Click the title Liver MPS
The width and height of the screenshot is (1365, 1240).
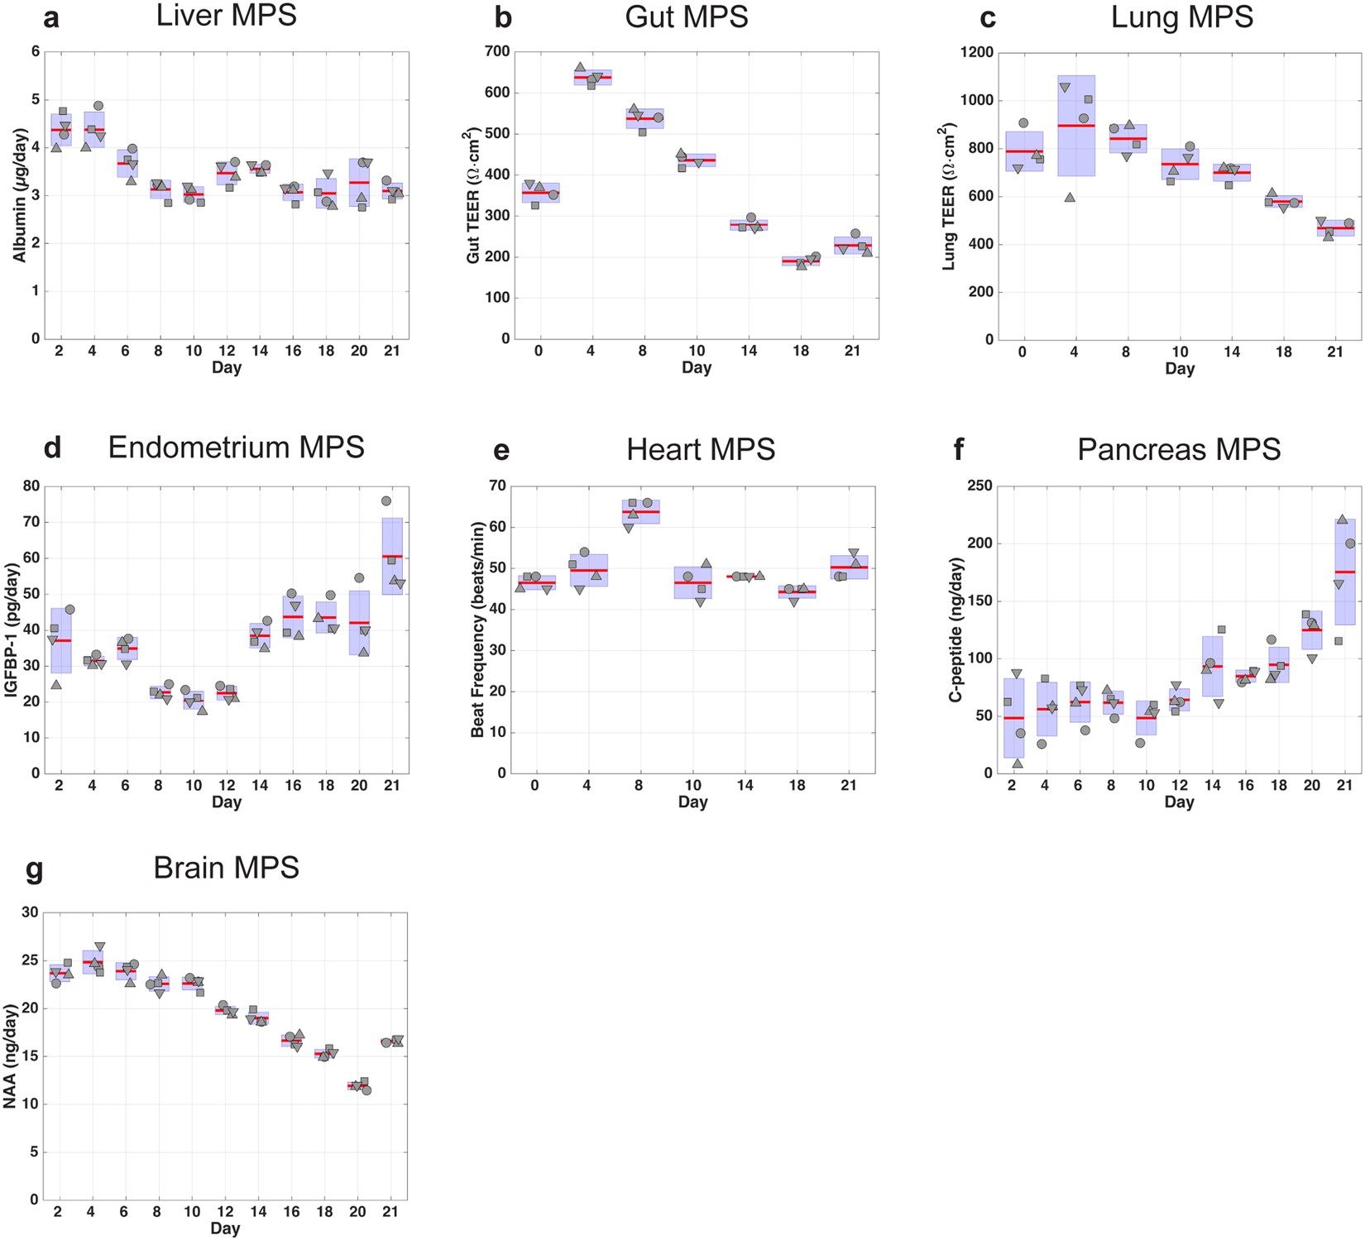tap(226, 16)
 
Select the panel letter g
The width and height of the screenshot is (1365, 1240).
tap(34, 870)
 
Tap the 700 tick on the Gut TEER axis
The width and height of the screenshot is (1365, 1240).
tap(497, 51)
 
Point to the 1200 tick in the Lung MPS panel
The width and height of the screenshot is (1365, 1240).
tap(977, 52)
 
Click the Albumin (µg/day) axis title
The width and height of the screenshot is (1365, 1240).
tap(19, 195)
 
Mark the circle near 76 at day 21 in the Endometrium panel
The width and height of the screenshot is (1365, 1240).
tap(386, 500)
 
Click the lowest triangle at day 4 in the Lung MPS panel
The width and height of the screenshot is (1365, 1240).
tap(1070, 198)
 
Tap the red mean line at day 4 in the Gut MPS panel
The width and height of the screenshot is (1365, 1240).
tap(591, 77)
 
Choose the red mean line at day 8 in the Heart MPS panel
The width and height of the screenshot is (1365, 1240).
tap(640, 512)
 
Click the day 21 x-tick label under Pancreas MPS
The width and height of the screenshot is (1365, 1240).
tap(1344, 785)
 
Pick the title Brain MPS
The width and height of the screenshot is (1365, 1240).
tap(226, 868)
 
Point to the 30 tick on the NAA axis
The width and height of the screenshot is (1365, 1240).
tap(30, 912)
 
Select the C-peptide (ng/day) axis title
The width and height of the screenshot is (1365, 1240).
tap(955, 630)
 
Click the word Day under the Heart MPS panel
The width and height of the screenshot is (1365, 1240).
tap(692, 802)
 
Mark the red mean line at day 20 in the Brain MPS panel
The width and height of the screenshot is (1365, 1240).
tap(357, 1084)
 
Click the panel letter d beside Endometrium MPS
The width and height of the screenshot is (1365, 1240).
tap(52, 448)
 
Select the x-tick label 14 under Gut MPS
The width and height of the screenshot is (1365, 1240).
tap(748, 351)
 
